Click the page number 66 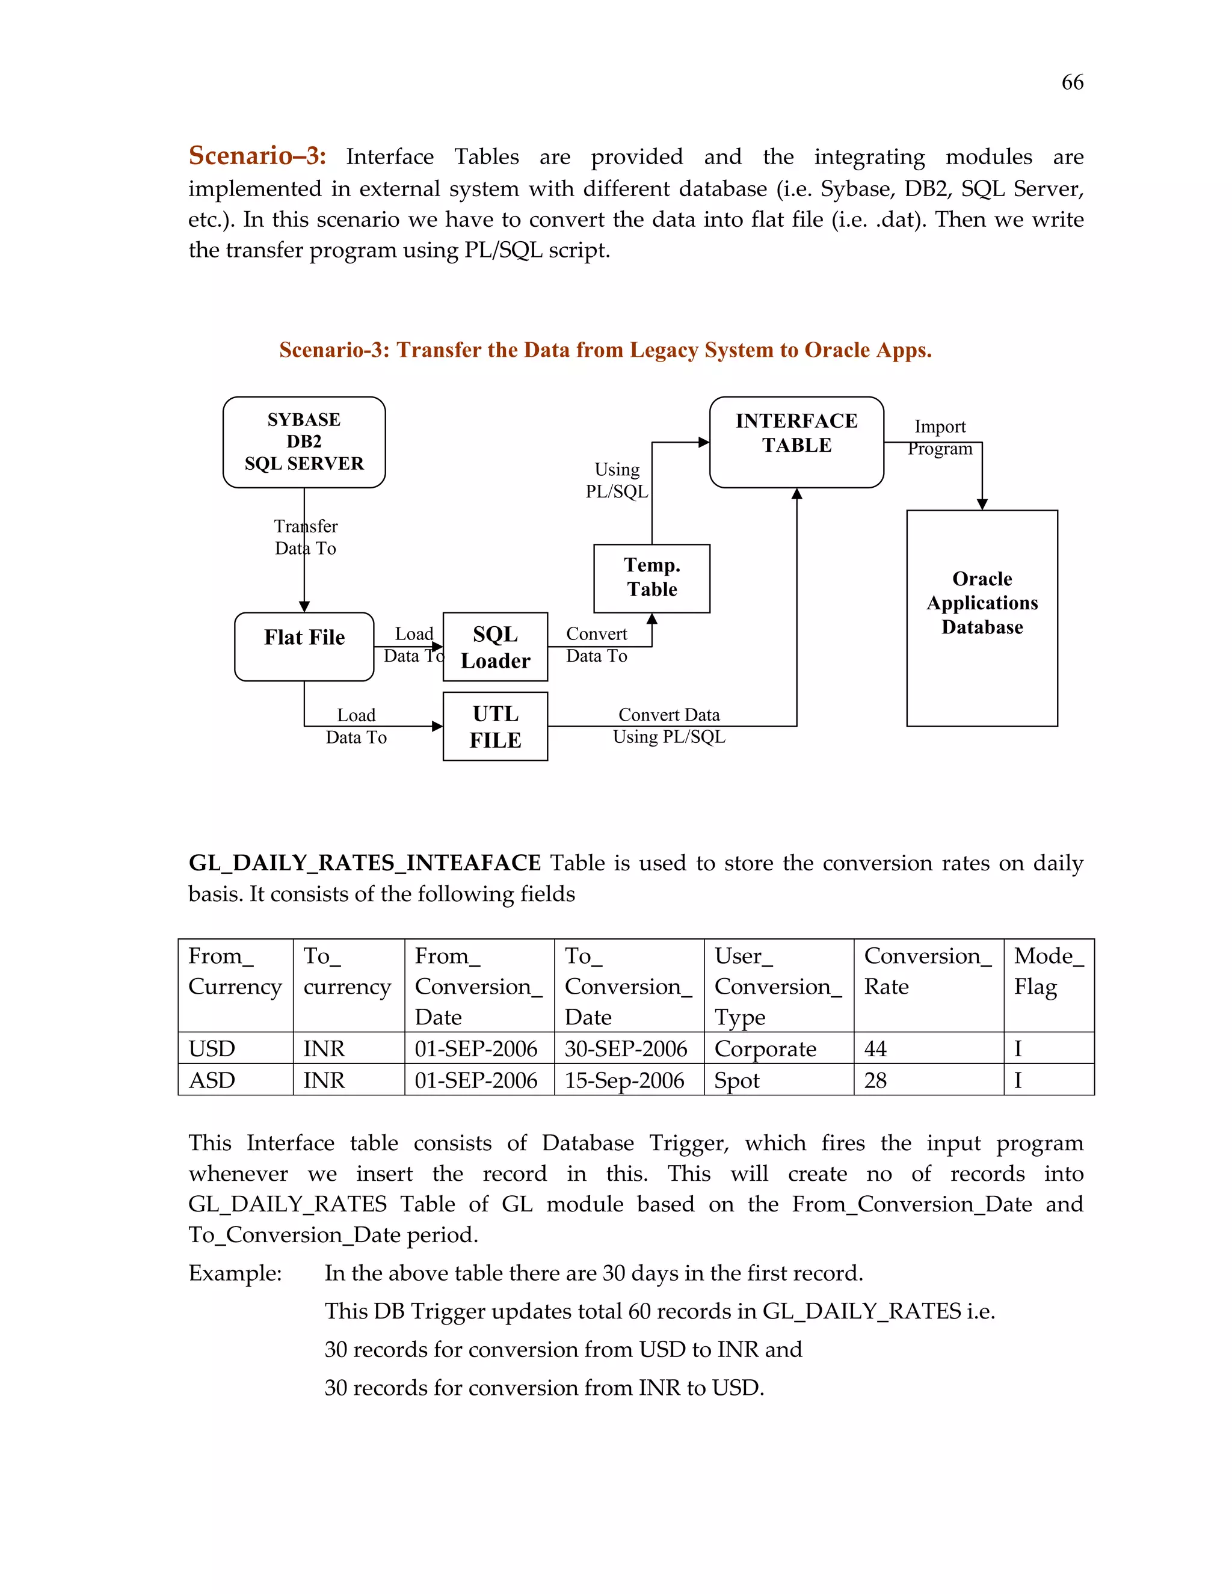click(x=1071, y=82)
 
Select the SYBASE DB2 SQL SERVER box click(x=304, y=442)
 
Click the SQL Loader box click(x=495, y=647)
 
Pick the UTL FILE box click(x=495, y=726)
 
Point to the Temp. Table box click(x=651, y=577)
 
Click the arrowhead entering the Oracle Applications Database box click(x=982, y=504)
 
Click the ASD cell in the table click(x=212, y=1080)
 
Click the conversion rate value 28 click(x=875, y=1080)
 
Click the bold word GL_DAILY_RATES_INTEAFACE click(x=364, y=863)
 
